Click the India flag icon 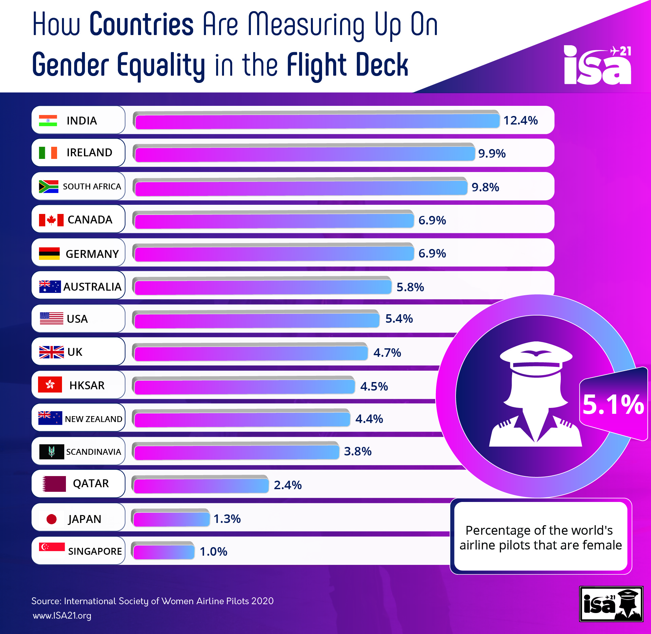[x=48, y=120]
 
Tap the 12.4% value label [x=520, y=120]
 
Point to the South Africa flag [x=48, y=186]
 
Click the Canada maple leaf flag [x=51, y=220]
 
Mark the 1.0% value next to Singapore [x=213, y=551]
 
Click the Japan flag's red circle [x=51, y=519]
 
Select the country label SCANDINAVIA [x=93, y=452]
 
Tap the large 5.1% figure [x=613, y=405]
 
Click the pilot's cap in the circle [x=536, y=358]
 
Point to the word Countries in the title [x=141, y=24]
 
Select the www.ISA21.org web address [x=62, y=615]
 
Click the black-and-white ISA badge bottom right [x=611, y=604]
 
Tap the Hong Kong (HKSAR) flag [x=50, y=385]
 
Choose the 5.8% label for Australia [x=410, y=287]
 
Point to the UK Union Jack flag [x=51, y=352]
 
